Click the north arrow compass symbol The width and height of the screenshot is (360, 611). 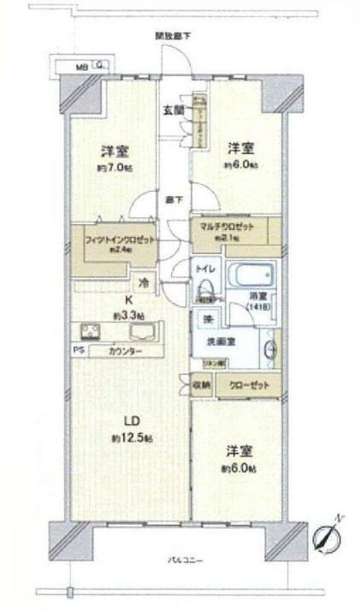[x=327, y=537]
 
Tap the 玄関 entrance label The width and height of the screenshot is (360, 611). [x=172, y=109]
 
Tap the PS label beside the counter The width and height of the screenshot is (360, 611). [x=78, y=351]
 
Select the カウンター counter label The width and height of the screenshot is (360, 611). [x=125, y=351]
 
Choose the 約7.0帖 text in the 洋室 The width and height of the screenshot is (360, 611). [x=113, y=169]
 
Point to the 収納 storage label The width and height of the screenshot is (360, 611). [x=201, y=384]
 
